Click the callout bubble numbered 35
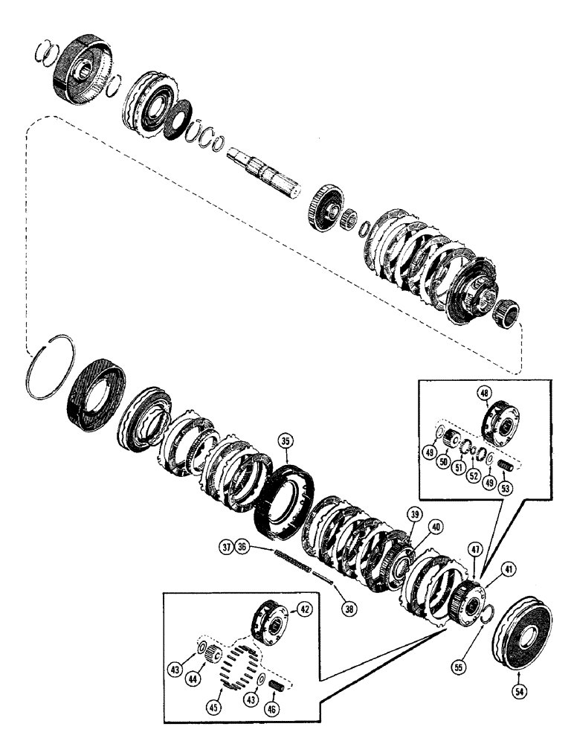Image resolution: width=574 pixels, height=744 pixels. coord(284,441)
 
